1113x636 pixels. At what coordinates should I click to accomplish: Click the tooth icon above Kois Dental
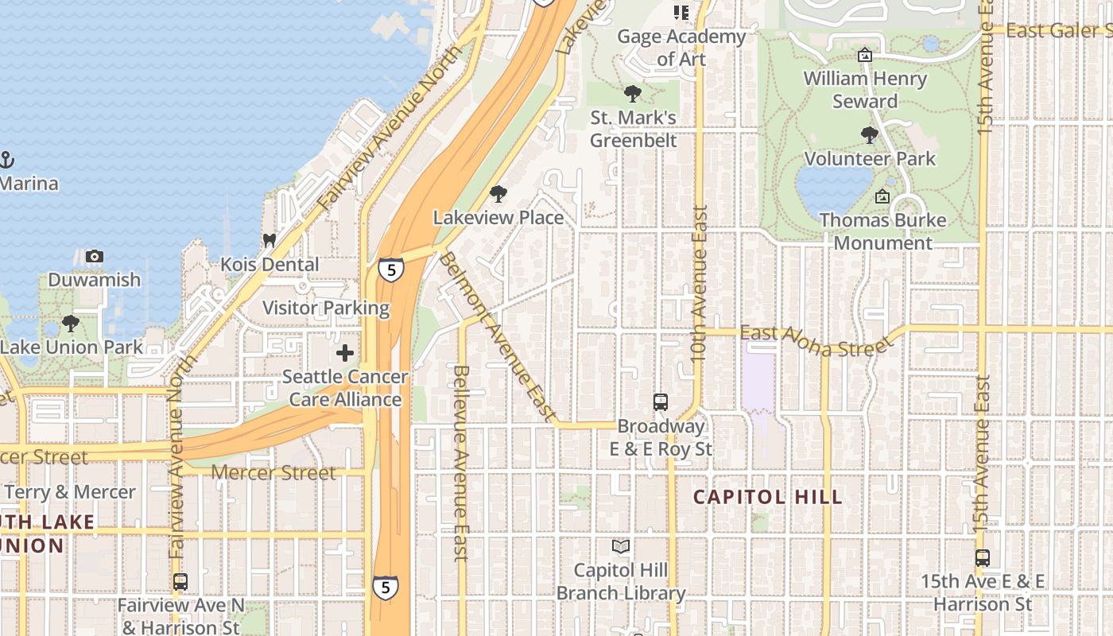pyautogui.click(x=270, y=240)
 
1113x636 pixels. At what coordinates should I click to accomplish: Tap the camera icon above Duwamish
pyautogui.click(x=95, y=256)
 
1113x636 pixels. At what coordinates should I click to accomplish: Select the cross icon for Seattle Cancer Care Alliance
pyautogui.click(x=345, y=353)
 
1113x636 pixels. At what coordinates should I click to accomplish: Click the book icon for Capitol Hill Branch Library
pyautogui.click(x=620, y=547)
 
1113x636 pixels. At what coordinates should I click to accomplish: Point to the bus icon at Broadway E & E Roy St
pyautogui.click(x=660, y=402)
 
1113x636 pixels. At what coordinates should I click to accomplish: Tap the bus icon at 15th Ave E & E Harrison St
pyautogui.click(x=983, y=558)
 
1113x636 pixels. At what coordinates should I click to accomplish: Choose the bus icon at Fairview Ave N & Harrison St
pyautogui.click(x=180, y=582)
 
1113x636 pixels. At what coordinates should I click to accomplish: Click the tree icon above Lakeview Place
pyautogui.click(x=498, y=194)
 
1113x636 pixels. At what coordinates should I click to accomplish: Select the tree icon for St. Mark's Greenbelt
pyautogui.click(x=633, y=95)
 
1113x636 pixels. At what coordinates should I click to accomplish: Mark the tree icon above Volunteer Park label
pyautogui.click(x=870, y=135)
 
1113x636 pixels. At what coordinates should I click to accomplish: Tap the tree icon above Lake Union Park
pyautogui.click(x=71, y=324)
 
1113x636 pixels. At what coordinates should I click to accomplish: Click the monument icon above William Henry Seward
pyautogui.click(x=865, y=56)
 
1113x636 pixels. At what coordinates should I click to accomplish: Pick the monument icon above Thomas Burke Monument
pyautogui.click(x=882, y=196)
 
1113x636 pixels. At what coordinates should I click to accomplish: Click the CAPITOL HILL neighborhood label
pyautogui.click(x=767, y=498)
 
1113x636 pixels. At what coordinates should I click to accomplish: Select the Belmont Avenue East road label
pyautogui.click(x=496, y=335)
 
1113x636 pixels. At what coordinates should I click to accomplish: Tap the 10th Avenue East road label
pyautogui.click(x=699, y=284)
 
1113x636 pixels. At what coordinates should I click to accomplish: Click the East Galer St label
pyautogui.click(x=1058, y=30)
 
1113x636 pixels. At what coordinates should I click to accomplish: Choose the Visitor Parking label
pyautogui.click(x=326, y=308)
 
